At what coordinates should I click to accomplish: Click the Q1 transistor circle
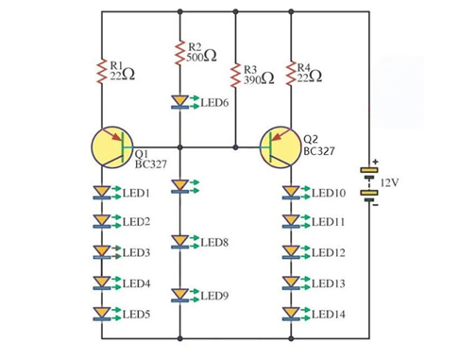[114, 147]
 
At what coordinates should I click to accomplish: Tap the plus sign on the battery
[375, 162]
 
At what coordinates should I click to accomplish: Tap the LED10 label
[329, 193]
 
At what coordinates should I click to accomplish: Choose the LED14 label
[329, 313]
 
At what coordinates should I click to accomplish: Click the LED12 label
[329, 253]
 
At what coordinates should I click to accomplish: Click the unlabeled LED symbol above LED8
[179, 187]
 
